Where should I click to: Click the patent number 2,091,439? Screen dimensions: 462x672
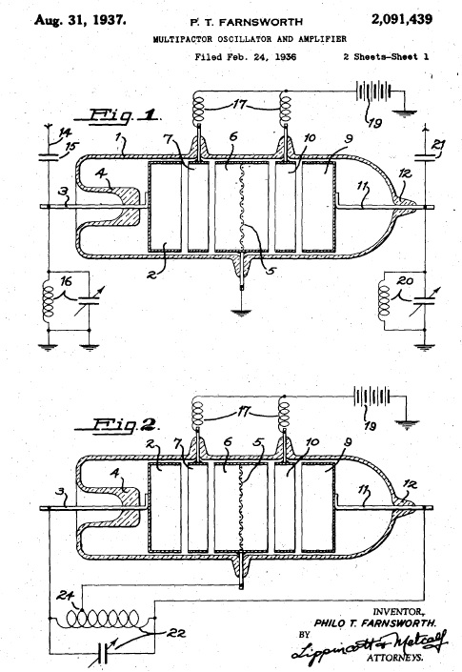[402, 19]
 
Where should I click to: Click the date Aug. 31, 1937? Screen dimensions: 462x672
[80, 20]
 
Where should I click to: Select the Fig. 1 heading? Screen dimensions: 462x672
[117, 114]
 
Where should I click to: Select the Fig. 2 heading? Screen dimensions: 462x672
[117, 425]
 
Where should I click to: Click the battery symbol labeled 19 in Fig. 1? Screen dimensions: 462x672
[373, 92]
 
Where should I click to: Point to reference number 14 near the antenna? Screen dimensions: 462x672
[64, 132]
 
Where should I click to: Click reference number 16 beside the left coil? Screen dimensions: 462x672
[66, 281]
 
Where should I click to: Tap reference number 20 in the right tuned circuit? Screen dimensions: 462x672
[405, 280]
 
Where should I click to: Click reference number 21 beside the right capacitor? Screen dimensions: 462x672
[437, 145]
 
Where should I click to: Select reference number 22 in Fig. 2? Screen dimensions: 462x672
[175, 633]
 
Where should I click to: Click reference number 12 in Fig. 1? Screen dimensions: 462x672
[405, 173]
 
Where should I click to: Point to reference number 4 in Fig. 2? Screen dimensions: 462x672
[114, 474]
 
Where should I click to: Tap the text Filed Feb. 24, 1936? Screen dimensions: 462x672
[246, 56]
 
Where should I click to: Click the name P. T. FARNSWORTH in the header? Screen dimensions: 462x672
[246, 21]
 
